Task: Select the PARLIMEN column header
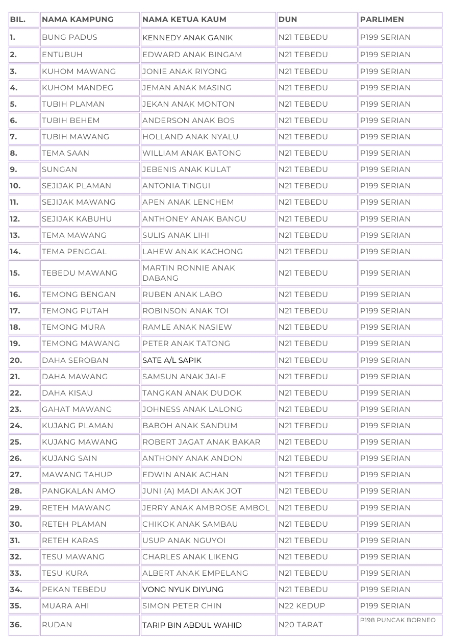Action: pyautogui.click(x=382, y=19)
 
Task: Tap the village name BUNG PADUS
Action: pyautogui.click(x=69, y=37)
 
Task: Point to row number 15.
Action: pyautogui.click(x=15, y=273)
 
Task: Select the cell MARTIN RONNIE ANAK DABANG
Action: pyautogui.click(x=189, y=273)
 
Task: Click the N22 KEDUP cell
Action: pyautogui.click(x=302, y=606)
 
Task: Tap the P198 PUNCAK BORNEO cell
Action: pyautogui.click(x=398, y=620)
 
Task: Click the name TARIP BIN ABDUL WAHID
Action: pyautogui.click(x=192, y=625)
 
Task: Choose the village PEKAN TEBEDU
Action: pyautogui.click(x=74, y=590)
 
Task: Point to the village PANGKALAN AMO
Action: pyautogui.click(x=79, y=491)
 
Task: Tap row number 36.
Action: pyautogui.click(x=16, y=625)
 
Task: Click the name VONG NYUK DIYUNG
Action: pyautogui.click(x=183, y=590)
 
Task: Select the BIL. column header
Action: pyautogui.click(x=17, y=19)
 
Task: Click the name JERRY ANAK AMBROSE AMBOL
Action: pyautogui.click(x=206, y=508)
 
